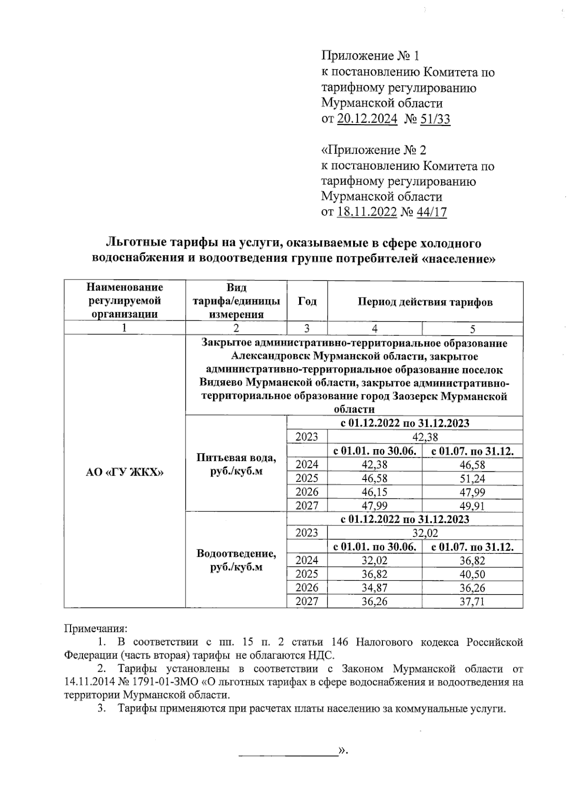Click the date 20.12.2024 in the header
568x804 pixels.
pyautogui.click(x=367, y=118)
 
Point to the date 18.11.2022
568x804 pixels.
pyautogui.click(x=367, y=212)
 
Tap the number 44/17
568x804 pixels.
pyautogui.click(x=431, y=212)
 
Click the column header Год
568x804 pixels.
pyautogui.click(x=307, y=301)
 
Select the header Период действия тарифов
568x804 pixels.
pyautogui.click(x=425, y=302)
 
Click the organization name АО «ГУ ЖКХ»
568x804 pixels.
pyautogui.click(x=124, y=471)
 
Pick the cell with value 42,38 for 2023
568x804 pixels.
pyautogui.click(x=425, y=437)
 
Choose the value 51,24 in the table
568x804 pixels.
pyautogui.click(x=472, y=479)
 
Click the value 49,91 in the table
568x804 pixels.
pyautogui.click(x=472, y=506)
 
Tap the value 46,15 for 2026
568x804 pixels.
pyautogui.click(x=374, y=492)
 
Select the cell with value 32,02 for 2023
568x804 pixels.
pyautogui.click(x=425, y=533)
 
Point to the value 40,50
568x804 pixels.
pyautogui.click(x=472, y=574)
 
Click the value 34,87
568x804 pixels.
pyautogui.click(x=374, y=588)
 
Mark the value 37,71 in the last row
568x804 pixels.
pyautogui.click(x=472, y=602)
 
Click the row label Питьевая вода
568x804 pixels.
pyautogui.click(x=236, y=458)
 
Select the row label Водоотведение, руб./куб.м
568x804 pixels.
pyautogui.click(x=236, y=560)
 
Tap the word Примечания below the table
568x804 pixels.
pyautogui.click(x=96, y=629)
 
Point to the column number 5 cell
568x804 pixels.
pyautogui.click(x=472, y=329)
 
